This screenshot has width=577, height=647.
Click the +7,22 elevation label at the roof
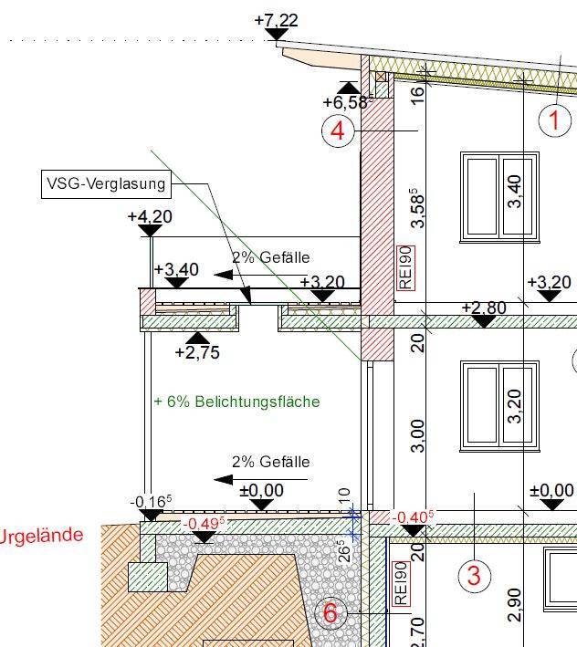click(x=276, y=20)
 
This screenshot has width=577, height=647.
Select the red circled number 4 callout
click(x=338, y=131)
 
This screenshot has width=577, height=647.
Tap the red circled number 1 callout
click(x=555, y=120)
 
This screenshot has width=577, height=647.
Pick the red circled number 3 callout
click(x=475, y=575)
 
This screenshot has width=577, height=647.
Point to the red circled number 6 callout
click(x=330, y=613)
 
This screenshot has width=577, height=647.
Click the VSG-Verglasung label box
click(x=106, y=184)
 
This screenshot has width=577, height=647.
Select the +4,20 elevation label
click(x=150, y=216)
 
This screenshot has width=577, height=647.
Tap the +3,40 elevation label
click(x=176, y=269)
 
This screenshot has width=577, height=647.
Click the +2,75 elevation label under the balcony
click(x=197, y=352)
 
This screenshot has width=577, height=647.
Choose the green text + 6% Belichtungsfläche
click(x=236, y=402)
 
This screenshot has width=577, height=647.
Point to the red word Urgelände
click(x=41, y=536)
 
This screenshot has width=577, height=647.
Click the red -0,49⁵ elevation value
click(x=205, y=523)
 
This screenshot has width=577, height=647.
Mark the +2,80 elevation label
click(x=484, y=308)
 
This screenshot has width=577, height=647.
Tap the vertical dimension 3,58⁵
click(x=417, y=208)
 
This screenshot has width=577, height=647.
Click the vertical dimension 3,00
click(x=417, y=435)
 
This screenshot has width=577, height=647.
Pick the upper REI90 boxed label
click(x=405, y=268)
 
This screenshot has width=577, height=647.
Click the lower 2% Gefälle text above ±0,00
click(x=271, y=462)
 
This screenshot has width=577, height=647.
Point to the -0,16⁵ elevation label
click(x=151, y=501)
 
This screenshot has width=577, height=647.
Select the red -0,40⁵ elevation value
click(x=414, y=517)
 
